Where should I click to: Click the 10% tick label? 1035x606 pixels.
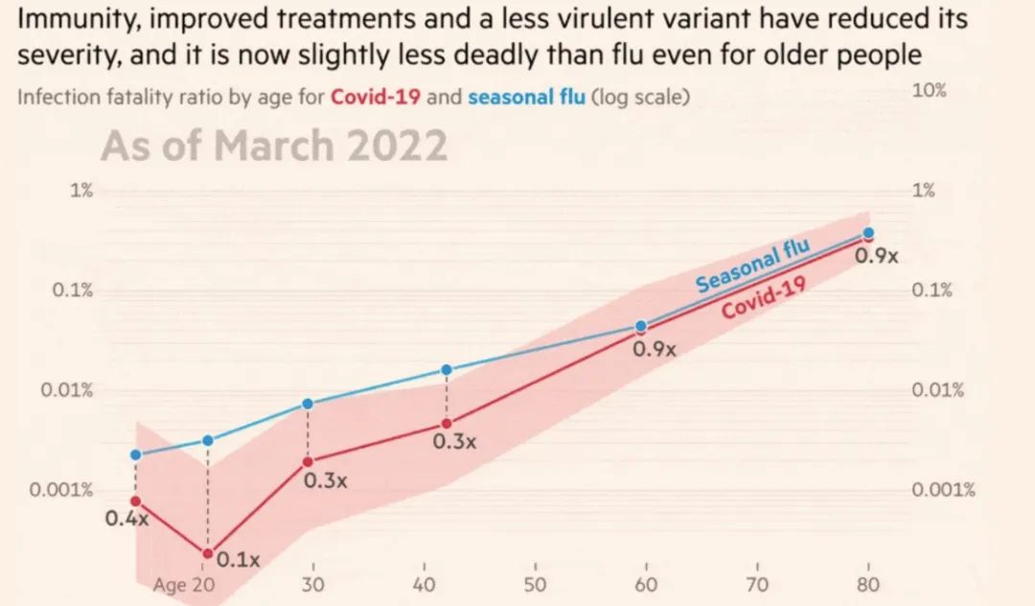pyautogui.click(x=928, y=91)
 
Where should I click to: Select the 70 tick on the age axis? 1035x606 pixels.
pyautogui.click(x=757, y=586)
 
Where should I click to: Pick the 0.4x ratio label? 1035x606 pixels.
pyautogui.click(x=127, y=519)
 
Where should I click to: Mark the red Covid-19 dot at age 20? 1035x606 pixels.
pyautogui.click(x=207, y=553)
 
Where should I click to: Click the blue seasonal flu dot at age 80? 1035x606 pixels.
pyautogui.click(x=868, y=233)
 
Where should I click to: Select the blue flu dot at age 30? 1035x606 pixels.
pyautogui.click(x=308, y=404)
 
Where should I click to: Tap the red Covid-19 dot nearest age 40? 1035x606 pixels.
pyautogui.click(x=447, y=424)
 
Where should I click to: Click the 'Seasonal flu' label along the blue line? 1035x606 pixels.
pyautogui.click(x=752, y=267)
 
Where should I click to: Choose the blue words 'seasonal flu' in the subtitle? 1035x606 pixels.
pyautogui.click(x=526, y=97)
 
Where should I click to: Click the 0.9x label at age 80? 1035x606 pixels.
pyautogui.click(x=877, y=256)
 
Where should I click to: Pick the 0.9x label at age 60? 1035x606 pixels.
pyautogui.click(x=655, y=350)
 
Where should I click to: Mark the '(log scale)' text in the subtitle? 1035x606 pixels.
pyautogui.click(x=640, y=97)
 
